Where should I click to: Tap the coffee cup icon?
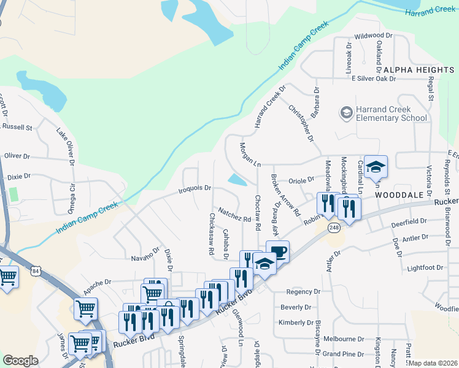pos(277,251)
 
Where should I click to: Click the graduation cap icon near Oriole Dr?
pos(376,166)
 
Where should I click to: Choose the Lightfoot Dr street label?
pos(425,268)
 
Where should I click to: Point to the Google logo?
pos(21,361)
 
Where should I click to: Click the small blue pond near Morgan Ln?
pos(237,180)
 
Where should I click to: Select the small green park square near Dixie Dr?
pos(13,194)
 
